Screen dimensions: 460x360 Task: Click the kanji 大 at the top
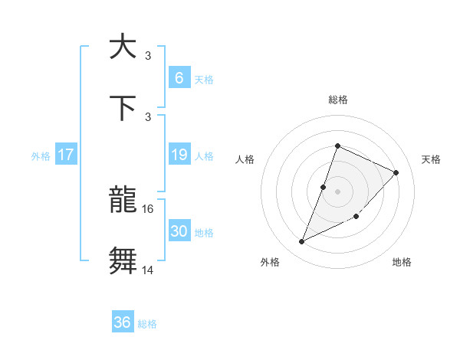(x=123, y=47)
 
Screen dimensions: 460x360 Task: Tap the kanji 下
(x=123, y=107)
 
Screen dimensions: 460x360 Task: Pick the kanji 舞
(x=123, y=261)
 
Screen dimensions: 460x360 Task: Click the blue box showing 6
(x=178, y=77)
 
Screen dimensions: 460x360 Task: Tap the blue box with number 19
(x=179, y=155)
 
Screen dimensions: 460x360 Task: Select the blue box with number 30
(x=179, y=231)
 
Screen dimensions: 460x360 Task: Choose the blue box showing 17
(x=66, y=155)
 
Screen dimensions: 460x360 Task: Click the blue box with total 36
(x=123, y=322)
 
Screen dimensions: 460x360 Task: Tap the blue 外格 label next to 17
(x=40, y=155)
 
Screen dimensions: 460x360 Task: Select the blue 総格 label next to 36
(x=147, y=324)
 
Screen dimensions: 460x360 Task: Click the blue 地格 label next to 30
(x=204, y=233)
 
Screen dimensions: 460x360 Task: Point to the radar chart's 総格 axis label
(x=337, y=100)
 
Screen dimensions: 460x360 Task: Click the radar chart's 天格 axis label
(x=431, y=159)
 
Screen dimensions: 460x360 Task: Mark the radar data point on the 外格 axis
(x=301, y=242)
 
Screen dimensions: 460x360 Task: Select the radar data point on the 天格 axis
(x=396, y=172)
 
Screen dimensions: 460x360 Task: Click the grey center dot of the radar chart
(x=337, y=191)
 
